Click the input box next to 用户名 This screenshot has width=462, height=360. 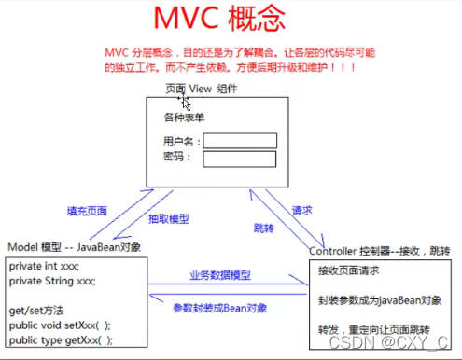(240, 141)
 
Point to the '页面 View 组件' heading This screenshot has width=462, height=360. (201, 90)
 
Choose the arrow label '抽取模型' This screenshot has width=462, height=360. (169, 219)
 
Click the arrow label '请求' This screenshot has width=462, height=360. (303, 210)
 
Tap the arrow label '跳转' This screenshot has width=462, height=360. (264, 228)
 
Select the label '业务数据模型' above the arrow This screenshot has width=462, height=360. (219, 276)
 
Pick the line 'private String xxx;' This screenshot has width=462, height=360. (53, 280)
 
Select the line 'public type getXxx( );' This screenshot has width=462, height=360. (62, 340)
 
